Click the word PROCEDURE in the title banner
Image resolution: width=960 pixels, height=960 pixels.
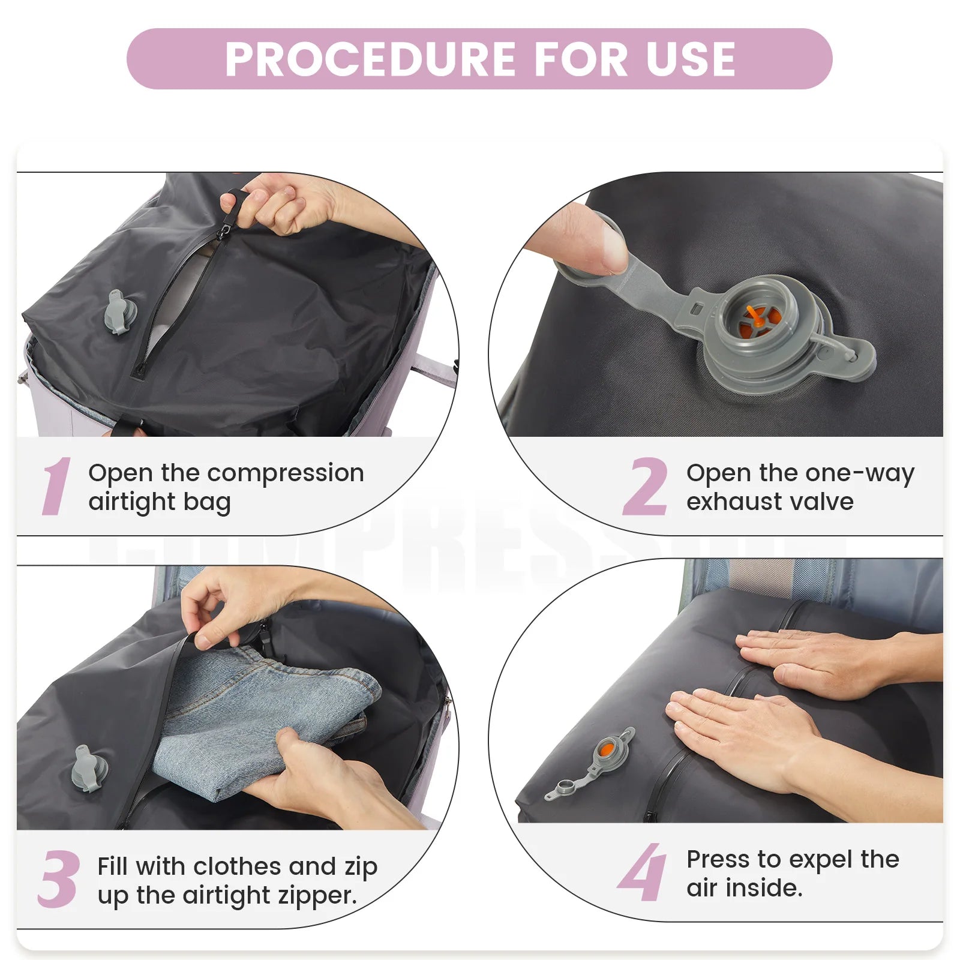[x=370, y=59]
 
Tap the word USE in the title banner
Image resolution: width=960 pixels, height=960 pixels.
[x=691, y=59]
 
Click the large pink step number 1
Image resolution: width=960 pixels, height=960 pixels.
[x=56, y=486]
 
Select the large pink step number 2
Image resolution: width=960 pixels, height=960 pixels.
[x=645, y=486]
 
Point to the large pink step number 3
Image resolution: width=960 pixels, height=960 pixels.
[x=58, y=879]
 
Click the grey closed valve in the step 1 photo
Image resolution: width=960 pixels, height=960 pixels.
[x=116, y=311]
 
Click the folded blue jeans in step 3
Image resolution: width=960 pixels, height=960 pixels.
[x=264, y=720]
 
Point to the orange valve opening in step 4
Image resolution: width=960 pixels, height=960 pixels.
[x=607, y=750]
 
